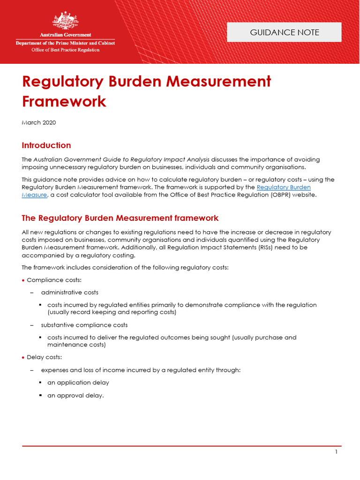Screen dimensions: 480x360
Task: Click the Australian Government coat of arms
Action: (66, 21)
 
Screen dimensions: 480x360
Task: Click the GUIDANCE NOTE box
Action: (284, 32)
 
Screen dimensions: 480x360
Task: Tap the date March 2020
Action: (39, 123)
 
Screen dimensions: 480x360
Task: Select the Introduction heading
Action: (46, 145)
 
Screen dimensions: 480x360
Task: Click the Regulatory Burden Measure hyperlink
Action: (284, 187)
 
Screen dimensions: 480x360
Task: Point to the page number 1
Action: (336, 452)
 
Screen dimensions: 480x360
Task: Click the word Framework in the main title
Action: (64, 101)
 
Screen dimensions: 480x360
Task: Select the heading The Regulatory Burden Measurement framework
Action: (120, 218)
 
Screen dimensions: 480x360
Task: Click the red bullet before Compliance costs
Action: (23, 280)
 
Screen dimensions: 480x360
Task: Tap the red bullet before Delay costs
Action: (23, 358)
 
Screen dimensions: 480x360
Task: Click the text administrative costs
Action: (69, 292)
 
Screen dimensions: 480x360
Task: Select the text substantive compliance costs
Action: (84, 325)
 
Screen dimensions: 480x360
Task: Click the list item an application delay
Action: (78, 382)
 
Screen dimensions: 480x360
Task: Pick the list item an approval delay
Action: (75, 395)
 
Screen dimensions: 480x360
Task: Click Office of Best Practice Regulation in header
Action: (65, 50)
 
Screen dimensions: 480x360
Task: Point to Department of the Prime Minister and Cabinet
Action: (65, 43)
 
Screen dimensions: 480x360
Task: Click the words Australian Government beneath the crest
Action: (65, 35)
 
